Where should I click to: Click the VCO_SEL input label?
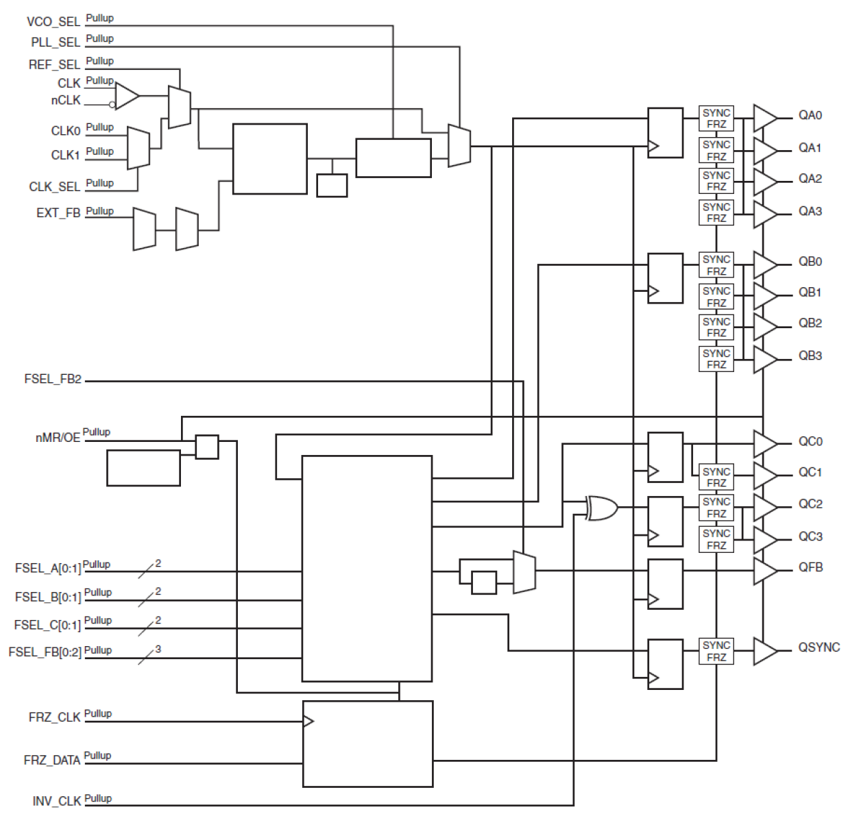53,22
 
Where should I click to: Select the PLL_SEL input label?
55,42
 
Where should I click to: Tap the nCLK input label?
65,101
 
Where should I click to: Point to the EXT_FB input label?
58,214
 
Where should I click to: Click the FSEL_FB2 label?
52,379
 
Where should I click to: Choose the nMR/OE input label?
58,437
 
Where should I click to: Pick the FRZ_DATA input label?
51,761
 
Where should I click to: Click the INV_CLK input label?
56,802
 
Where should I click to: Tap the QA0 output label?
810,116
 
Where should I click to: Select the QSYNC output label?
818,647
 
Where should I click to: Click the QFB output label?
810,567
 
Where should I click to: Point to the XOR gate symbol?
602,508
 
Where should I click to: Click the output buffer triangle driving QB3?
764,359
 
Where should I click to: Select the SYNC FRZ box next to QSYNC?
716,651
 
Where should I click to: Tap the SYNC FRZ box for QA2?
716,181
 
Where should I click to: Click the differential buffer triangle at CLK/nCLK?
126,97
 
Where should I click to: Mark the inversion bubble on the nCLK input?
112,105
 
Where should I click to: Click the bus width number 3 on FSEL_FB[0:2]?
158,649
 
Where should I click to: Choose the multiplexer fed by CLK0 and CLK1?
138,147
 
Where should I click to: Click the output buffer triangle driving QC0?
764,443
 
